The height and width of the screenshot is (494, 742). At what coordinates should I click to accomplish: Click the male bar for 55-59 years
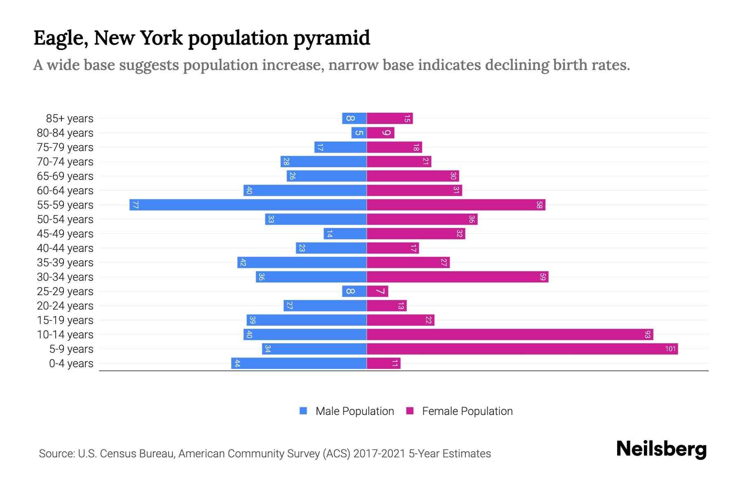click(x=248, y=205)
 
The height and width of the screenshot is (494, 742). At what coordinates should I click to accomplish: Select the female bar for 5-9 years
click(x=522, y=349)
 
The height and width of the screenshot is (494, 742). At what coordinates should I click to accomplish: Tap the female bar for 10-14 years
click(x=510, y=334)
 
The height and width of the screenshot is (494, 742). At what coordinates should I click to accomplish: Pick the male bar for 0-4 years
click(x=299, y=363)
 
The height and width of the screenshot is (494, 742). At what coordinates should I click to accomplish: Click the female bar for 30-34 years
click(x=457, y=277)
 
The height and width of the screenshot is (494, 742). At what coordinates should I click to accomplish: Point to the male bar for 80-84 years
click(x=359, y=133)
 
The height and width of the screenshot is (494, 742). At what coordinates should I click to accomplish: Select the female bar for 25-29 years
click(x=377, y=291)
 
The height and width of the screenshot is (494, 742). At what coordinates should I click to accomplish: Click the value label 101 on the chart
click(x=670, y=349)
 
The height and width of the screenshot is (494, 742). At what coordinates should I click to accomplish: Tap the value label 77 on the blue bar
click(x=135, y=205)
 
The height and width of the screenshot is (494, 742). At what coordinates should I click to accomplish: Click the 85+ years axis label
click(x=69, y=119)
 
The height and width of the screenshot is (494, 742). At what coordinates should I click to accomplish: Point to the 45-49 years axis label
click(x=65, y=234)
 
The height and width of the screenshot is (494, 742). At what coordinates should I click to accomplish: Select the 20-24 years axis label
click(x=65, y=306)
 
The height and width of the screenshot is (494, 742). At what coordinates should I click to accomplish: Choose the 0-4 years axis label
click(x=71, y=364)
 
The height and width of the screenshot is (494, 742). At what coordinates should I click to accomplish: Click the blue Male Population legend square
click(x=303, y=411)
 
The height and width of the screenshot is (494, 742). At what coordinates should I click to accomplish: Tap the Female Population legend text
click(x=467, y=411)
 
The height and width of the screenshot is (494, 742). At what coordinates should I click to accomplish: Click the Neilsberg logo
click(x=661, y=449)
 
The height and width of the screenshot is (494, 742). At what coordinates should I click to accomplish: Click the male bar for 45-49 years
click(x=345, y=233)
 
